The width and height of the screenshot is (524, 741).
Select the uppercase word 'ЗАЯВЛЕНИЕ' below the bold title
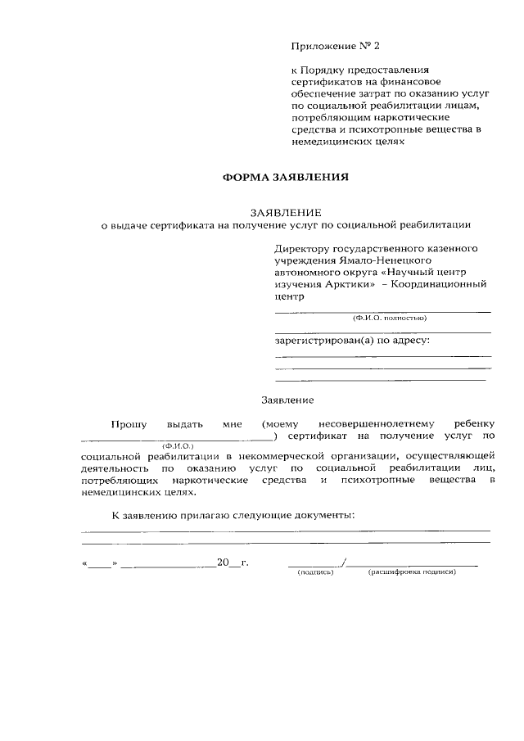tap(287, 211)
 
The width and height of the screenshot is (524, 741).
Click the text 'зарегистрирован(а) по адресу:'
tap(352, 339)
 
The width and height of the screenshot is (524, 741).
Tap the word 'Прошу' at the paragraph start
tap(129, 424)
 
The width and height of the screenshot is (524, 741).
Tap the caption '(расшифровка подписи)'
tap(411, 572)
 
